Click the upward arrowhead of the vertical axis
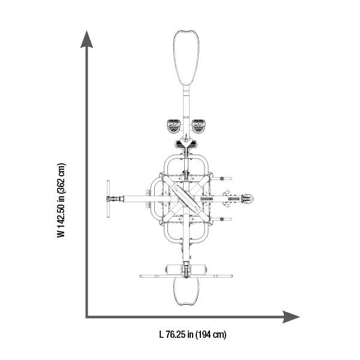(x=86, y=40)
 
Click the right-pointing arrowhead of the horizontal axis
(x=291, y=317)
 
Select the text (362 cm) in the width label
(x=61, y=178)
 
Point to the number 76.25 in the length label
(x=175, y=334)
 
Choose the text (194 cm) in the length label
(x=211, y=335)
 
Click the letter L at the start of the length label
(x=161, y=334)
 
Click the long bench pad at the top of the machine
(x=186, y=58)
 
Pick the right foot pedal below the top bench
(x=199, y=126)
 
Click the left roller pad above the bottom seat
(x=174, y=268)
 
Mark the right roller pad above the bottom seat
(x=198, y=268)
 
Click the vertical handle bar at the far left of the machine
(x=108, y=199)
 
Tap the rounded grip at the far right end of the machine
(x=247, y=199)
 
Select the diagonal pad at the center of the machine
(x=186, y=199)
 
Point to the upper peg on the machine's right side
(x=222, y=178)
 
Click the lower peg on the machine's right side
(x=222, y=219)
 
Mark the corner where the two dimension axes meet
(x=87, y=317)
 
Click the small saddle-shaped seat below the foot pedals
(x=186, y=144)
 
